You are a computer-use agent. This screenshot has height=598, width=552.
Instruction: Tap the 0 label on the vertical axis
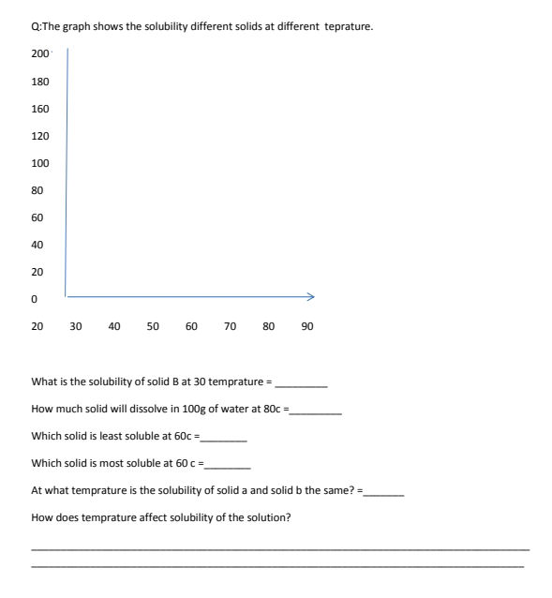(35, 300)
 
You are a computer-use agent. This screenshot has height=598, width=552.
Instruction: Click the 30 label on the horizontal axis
(75, 326)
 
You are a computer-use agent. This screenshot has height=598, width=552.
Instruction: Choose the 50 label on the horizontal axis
(153, 326)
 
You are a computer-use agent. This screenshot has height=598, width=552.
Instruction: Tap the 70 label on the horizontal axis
(230, 326)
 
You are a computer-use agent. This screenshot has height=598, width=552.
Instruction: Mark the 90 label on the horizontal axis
(307, 326)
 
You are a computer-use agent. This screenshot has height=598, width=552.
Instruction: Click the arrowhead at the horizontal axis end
(311, 296)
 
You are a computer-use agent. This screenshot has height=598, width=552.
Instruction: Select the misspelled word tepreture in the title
(348, 26)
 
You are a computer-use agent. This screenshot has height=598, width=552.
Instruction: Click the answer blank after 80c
(317, 411)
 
